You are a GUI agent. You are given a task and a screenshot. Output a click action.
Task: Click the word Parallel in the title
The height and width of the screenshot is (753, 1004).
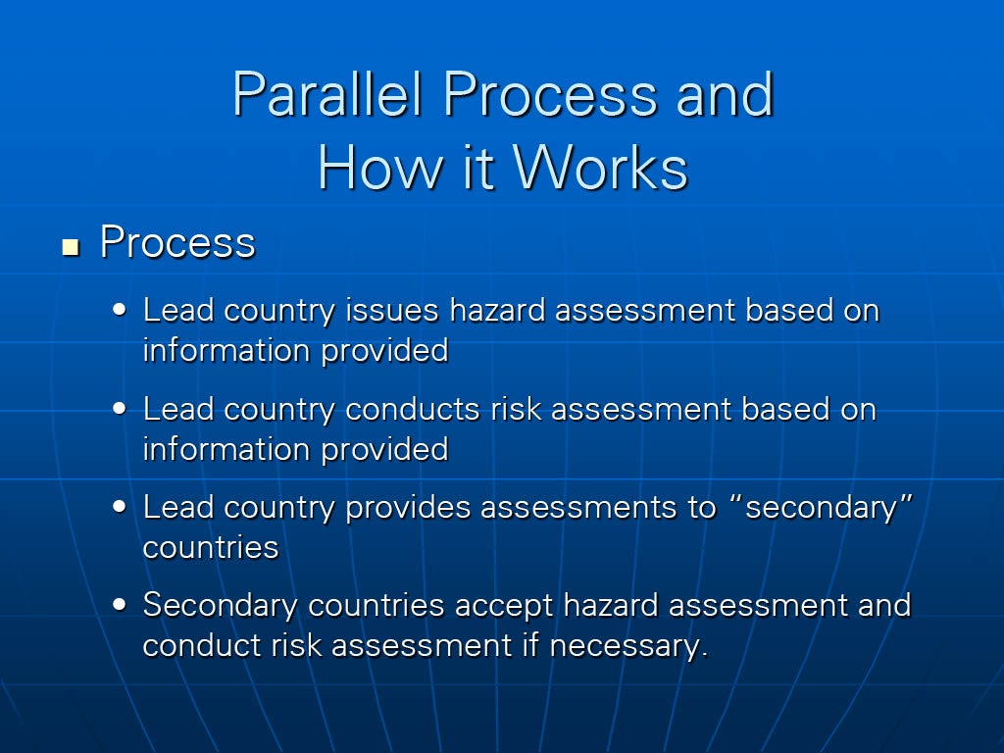tap(327, 94)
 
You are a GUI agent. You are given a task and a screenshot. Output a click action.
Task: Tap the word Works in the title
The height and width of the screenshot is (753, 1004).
tap(601, 168)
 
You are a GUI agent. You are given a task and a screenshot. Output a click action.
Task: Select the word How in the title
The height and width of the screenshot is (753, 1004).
tap(380, 168)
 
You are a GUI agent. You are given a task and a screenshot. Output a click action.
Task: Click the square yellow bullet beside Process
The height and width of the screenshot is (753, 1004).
tap(71, 247)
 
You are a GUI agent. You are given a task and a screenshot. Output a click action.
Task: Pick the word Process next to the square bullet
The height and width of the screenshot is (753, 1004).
tap(178, 243)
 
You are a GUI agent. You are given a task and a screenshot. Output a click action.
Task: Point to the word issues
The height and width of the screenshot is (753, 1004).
tap(392, 311)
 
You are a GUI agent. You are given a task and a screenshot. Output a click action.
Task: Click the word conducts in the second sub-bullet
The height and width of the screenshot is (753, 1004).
tap(413, 409)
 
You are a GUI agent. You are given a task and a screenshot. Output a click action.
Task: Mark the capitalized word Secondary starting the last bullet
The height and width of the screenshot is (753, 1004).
tap(221, 606)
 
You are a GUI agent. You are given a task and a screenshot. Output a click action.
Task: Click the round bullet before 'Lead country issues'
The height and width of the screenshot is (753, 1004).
tap(119, 310)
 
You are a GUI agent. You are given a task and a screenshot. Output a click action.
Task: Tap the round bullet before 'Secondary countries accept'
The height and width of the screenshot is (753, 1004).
tap(119, 604)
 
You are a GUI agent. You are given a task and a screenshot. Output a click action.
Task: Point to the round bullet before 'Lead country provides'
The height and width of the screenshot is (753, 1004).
tap(119, 507)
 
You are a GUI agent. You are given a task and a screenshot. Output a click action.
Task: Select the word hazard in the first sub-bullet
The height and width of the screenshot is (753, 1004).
tap(497, 311)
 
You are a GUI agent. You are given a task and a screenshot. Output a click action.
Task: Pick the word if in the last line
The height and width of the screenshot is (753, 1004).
tap(530, 644)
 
